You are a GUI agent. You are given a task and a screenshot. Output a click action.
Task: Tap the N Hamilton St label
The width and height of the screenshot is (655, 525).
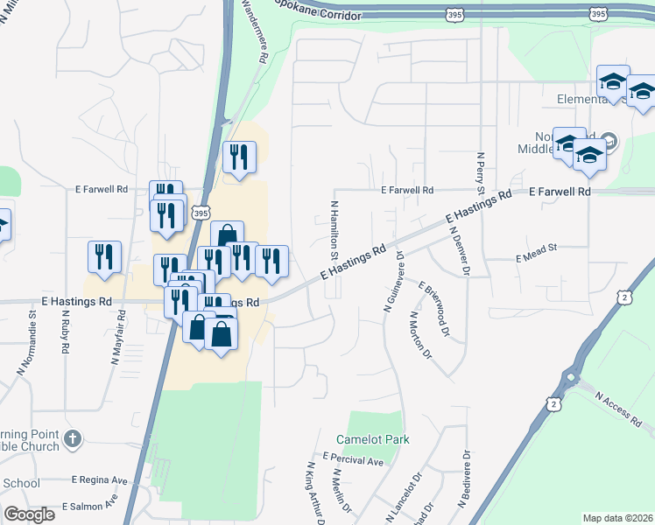click(x=334, y=227)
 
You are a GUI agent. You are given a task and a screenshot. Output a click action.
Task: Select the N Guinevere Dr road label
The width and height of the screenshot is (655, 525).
click(x=393, y=283)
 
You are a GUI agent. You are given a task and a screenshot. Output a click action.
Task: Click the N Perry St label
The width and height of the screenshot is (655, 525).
click(x=481, y=171)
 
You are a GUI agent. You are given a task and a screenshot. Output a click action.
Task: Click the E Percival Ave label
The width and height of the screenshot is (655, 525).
click(x=353, y=458)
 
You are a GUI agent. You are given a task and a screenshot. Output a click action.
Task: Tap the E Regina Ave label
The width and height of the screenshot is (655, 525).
click(x=99, y=480)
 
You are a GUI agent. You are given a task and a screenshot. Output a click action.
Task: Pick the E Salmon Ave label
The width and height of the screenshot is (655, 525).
click(x=89, y=505)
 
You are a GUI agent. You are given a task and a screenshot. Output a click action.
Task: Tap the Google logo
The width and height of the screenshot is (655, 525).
click(x=29, y=514)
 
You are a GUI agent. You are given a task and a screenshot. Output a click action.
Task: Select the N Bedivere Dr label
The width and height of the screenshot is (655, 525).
click(x=464, y=479)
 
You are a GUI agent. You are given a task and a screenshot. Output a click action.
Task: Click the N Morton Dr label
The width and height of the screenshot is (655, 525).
click(x=420, y=337)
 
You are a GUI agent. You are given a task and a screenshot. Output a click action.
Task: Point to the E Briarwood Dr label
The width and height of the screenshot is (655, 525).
click(x=434, y=309)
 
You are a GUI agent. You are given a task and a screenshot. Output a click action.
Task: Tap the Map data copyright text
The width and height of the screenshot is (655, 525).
click(x=618, y=517)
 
